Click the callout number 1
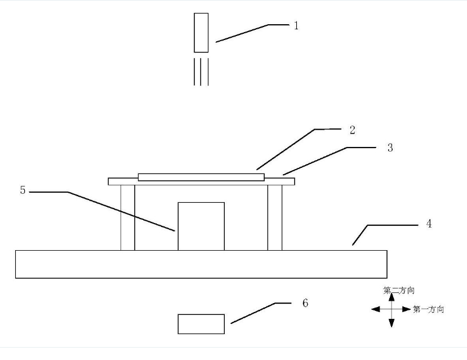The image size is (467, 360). tap(296, 25)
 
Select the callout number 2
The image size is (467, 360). tap(352, 130)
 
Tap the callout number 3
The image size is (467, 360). tap(390, 148)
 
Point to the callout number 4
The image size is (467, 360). tap(429, 224)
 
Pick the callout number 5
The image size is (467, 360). tap(23, 190)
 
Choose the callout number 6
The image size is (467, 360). tap(305, 303)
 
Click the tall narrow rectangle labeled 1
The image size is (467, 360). tap(201, 33)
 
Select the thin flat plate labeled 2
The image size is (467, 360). tap(201, 177)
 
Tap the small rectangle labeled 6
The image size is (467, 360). tap(201, 324)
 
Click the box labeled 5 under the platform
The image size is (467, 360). tap(201, 226)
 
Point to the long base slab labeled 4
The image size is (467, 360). tap(201, 264)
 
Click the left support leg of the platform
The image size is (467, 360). tap(128, 217)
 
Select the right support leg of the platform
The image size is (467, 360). tap(275, 217)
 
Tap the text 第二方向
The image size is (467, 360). tap(399, 290)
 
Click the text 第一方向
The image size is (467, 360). tap(428, 309)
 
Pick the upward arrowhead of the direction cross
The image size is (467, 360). tap(392, 297)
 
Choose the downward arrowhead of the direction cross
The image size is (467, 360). tap(392, 323)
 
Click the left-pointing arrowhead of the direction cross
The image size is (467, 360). tap(376, 309)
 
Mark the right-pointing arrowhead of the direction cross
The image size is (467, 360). tap(407, 309)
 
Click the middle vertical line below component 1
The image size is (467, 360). tap(201, 72)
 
